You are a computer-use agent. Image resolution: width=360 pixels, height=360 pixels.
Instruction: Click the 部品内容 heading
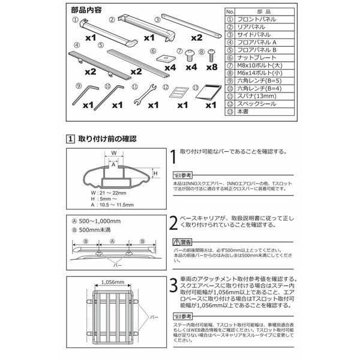(x=85, y=10)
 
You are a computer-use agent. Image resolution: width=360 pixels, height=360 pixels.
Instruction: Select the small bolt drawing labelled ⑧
(x=211, y=56)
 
